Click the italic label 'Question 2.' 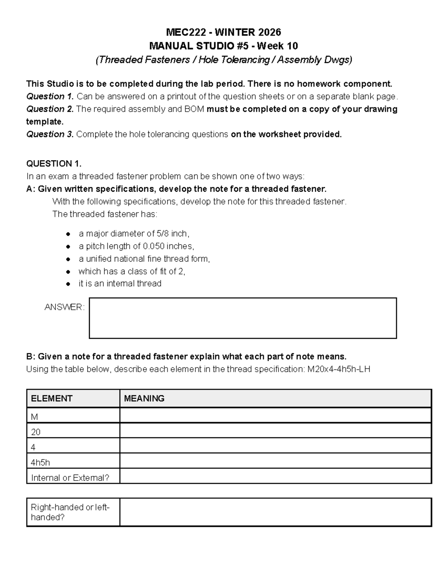[50, 109]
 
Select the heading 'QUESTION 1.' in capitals [54, 164]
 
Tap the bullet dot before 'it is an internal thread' [68, 284]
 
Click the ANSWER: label [64, 307]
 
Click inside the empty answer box [243, 318]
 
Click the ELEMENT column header [51, 399]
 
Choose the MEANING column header [144, 399]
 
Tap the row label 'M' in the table [34, 417]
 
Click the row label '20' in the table [36, 432]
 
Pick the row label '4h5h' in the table [40, 463]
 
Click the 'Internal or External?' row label [70, 478]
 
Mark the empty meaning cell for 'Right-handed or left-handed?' [275, 512]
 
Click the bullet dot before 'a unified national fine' [68, 259]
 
